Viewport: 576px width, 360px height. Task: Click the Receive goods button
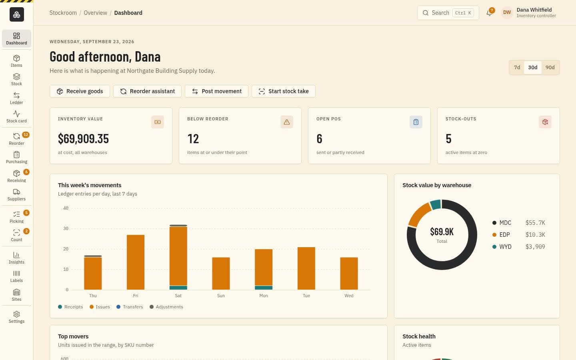80,91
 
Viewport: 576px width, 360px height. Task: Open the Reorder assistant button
147,91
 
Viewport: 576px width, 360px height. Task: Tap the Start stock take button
284,91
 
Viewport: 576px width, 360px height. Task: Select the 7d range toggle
517,67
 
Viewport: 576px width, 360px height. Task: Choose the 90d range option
550,67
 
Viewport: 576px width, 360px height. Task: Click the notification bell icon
489,13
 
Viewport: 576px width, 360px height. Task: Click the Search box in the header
448,13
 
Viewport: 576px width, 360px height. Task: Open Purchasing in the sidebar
16,157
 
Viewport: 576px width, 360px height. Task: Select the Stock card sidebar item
16,117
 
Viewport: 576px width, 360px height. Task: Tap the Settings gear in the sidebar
16,317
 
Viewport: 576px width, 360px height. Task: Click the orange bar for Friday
136,262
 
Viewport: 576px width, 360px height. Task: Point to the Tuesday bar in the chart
306,268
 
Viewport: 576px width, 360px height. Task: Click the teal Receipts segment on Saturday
178,288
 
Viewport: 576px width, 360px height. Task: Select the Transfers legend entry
130,307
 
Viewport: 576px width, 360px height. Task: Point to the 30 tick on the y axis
66,228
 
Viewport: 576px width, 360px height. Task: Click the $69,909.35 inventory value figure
83,138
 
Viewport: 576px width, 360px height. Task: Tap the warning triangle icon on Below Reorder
287,122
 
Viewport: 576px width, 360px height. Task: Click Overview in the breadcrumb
95,13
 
